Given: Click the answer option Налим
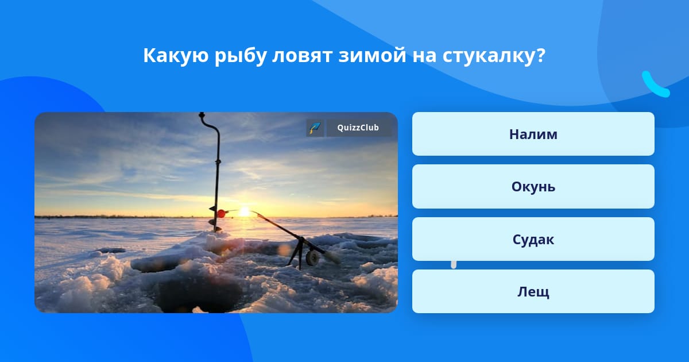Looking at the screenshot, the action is (533, 134).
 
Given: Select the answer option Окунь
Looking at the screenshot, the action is (533, 187).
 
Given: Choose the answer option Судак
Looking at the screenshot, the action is (533, 239).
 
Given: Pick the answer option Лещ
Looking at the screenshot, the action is (533, 291).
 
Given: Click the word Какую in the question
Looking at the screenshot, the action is (176, 56).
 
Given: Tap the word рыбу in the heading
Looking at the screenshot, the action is (241, 56).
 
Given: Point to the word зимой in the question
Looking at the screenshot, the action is (372, 55).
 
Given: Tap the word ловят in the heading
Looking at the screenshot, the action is (302, 56).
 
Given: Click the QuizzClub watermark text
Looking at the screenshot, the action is (358, 128).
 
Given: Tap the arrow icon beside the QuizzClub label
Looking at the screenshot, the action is (315, 128).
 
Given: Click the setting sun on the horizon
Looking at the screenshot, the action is (244, 212).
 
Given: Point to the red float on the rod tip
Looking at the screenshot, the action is (221, 213).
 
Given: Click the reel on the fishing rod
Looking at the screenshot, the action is (312, 258).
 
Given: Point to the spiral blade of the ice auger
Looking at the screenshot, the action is (215, 219).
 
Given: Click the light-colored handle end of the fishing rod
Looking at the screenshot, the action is (333, 256).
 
